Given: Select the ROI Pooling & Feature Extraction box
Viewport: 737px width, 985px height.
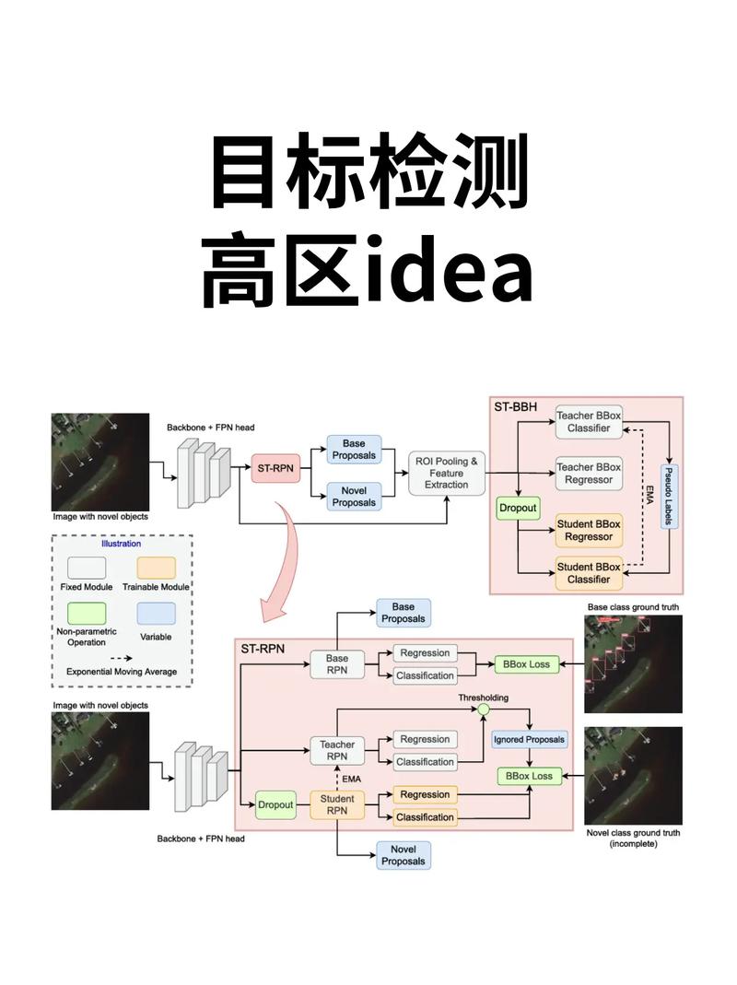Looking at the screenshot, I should tap(446, 473).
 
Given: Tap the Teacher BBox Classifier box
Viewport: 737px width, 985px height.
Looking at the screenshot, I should tap(589, 422).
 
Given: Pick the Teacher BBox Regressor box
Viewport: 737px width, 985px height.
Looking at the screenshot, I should tap(589, 474).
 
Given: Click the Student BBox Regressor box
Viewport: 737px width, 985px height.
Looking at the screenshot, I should tap(589, 530).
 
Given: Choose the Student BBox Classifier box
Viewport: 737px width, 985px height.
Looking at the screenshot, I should tap(589, 573).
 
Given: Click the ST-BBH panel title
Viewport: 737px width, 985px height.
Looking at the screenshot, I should tap(517, 407).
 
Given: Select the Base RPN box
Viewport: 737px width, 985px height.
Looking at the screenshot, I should tap(337, 664).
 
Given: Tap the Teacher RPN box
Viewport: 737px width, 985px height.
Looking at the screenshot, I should tap(337, 750).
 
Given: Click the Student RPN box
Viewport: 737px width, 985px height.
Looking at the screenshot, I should tap(337, 804).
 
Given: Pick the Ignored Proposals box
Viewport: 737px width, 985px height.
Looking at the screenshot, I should tap(529, 740).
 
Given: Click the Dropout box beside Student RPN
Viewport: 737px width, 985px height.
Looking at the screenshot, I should tap(275, 804).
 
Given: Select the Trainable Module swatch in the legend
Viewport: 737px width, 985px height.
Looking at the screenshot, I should tap(163, 569).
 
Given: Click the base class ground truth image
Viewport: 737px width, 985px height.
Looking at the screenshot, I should tap(634, 664).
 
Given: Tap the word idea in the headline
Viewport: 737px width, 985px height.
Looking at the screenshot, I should tap(449, 273).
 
